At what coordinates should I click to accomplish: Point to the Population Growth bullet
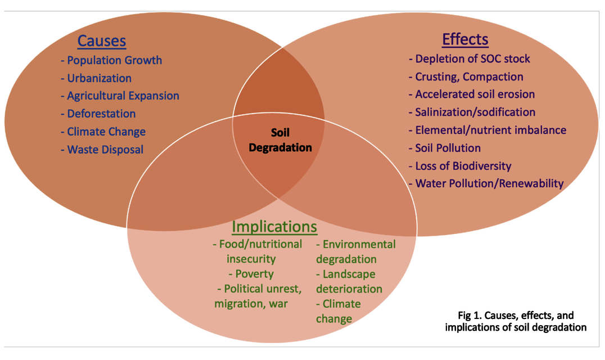[x=111, y=60]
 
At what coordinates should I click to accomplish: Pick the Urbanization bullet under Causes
[x=96, y=78]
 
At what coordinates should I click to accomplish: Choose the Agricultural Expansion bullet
[x=120, y=96]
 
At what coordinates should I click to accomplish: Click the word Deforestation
[x=101, y=114]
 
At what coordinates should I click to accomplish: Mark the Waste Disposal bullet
[x=102, y=149]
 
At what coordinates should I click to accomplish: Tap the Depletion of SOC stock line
[x=469, y=58]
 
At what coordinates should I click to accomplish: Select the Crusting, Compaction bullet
[x=466, y=76]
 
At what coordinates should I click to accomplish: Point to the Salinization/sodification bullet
[x=472, y=112]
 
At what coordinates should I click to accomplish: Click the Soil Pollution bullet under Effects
[x=444, y=148]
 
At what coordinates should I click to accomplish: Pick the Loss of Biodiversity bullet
[x=459, y=166]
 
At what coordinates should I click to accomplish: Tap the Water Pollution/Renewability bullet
[x=486, y=183]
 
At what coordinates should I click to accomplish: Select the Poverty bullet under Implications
[x=251, y=274]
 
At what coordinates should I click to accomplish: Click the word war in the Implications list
[x=278, y=304]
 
